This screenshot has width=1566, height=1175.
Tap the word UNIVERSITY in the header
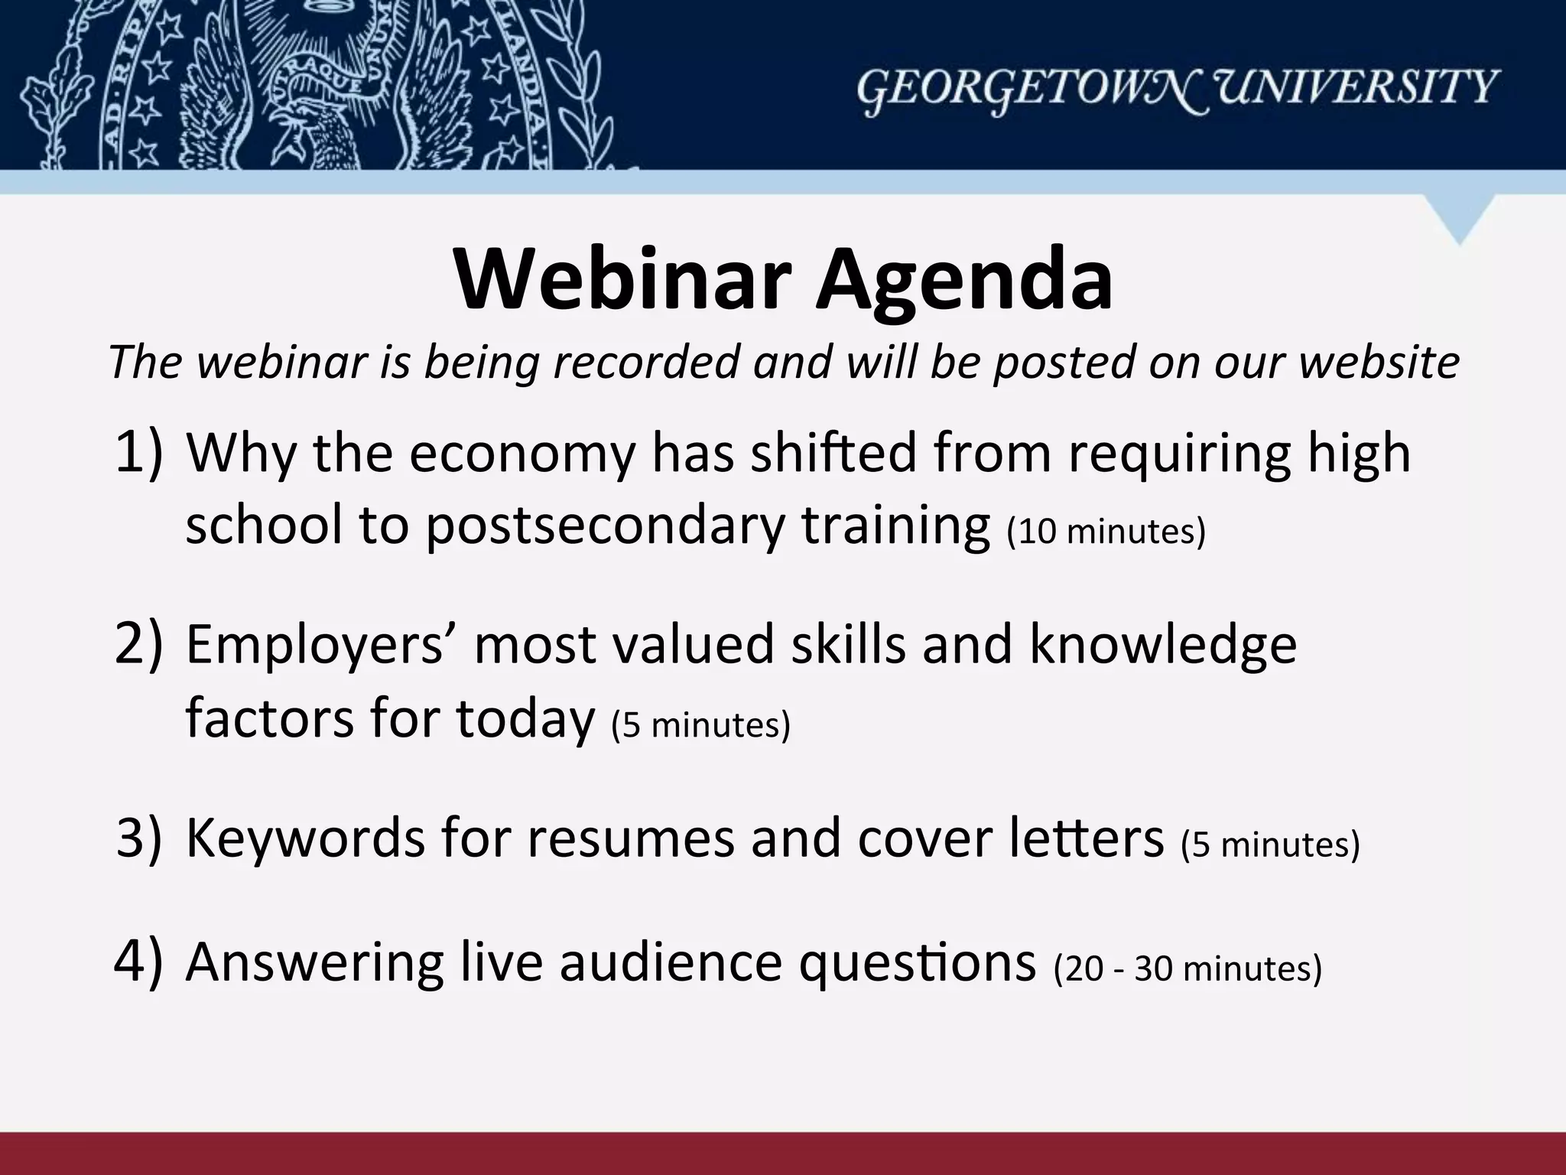tap(1348, 86)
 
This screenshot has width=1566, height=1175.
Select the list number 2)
tap(138, 644)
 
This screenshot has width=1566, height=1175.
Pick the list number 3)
tap(138, 838)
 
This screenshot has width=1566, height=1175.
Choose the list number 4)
tap(138, 962)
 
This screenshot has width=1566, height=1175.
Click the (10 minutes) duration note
tap(1106, 531)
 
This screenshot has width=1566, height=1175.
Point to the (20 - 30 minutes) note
tap(1187, 968)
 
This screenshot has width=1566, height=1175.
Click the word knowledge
tap(1162, 644)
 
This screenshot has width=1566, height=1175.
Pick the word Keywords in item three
tap(305, 838)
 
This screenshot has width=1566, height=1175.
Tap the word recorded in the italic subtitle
tap(645, 362)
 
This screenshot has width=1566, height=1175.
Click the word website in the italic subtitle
tap(1379, 362)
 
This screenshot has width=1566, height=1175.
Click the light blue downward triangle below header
tap(1459, 215)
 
